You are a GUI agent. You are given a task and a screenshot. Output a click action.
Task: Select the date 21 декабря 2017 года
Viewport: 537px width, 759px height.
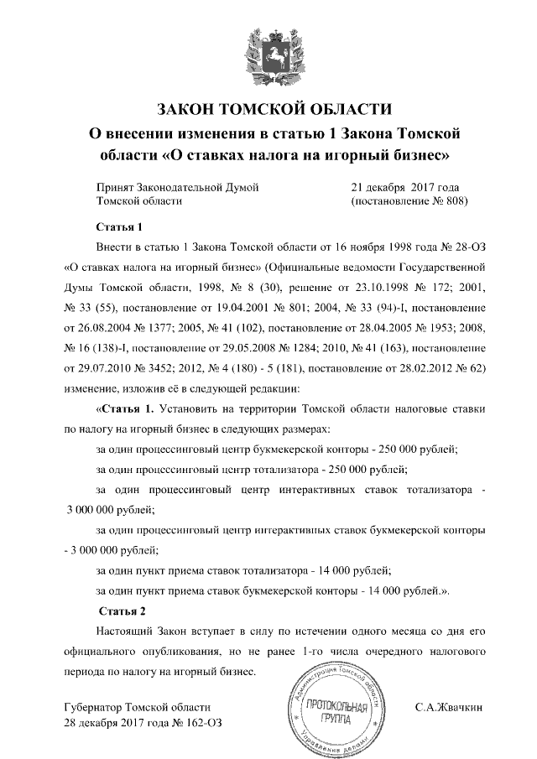pyautogui.click(x=404, y=187)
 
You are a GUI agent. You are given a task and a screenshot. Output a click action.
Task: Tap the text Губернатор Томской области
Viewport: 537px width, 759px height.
pyautogui.click(x=137, y=708)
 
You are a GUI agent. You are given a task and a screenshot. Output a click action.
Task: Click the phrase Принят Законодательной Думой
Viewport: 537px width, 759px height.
pyautogui.click(x=177, y=187)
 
